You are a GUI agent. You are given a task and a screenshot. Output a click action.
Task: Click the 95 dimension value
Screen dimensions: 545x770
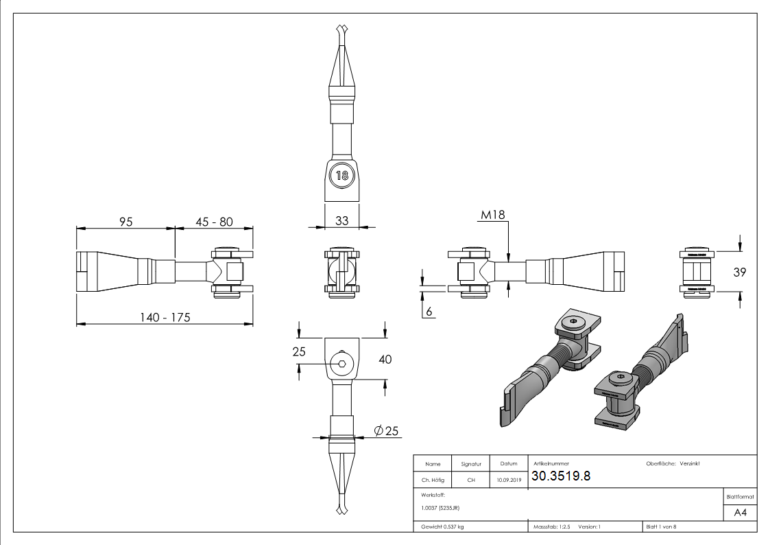125,222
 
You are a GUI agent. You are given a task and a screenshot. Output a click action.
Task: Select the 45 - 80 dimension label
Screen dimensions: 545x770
214,222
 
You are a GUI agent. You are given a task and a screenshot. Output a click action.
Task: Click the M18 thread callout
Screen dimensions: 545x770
492,215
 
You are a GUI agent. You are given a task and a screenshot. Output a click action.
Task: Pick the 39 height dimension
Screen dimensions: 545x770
739,272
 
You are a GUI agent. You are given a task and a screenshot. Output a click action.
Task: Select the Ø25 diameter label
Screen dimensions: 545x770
386,430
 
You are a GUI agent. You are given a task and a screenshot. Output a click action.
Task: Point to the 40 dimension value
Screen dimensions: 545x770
385,359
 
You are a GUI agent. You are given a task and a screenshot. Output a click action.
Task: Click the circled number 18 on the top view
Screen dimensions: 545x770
341,175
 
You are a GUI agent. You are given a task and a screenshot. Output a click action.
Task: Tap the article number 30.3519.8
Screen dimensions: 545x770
561,477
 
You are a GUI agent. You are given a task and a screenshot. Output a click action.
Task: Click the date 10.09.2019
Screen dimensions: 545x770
509,480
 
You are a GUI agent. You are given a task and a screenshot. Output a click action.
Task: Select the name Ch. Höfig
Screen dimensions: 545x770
433,480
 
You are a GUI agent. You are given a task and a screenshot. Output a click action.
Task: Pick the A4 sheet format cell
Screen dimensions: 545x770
740,513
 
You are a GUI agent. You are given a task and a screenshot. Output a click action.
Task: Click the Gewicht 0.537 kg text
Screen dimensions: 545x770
443,526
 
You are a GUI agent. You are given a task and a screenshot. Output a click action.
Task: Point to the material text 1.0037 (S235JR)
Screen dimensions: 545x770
440,508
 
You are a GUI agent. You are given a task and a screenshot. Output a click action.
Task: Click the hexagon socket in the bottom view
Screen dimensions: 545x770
341,362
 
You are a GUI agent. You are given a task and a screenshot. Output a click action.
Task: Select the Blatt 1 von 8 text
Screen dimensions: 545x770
661,526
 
